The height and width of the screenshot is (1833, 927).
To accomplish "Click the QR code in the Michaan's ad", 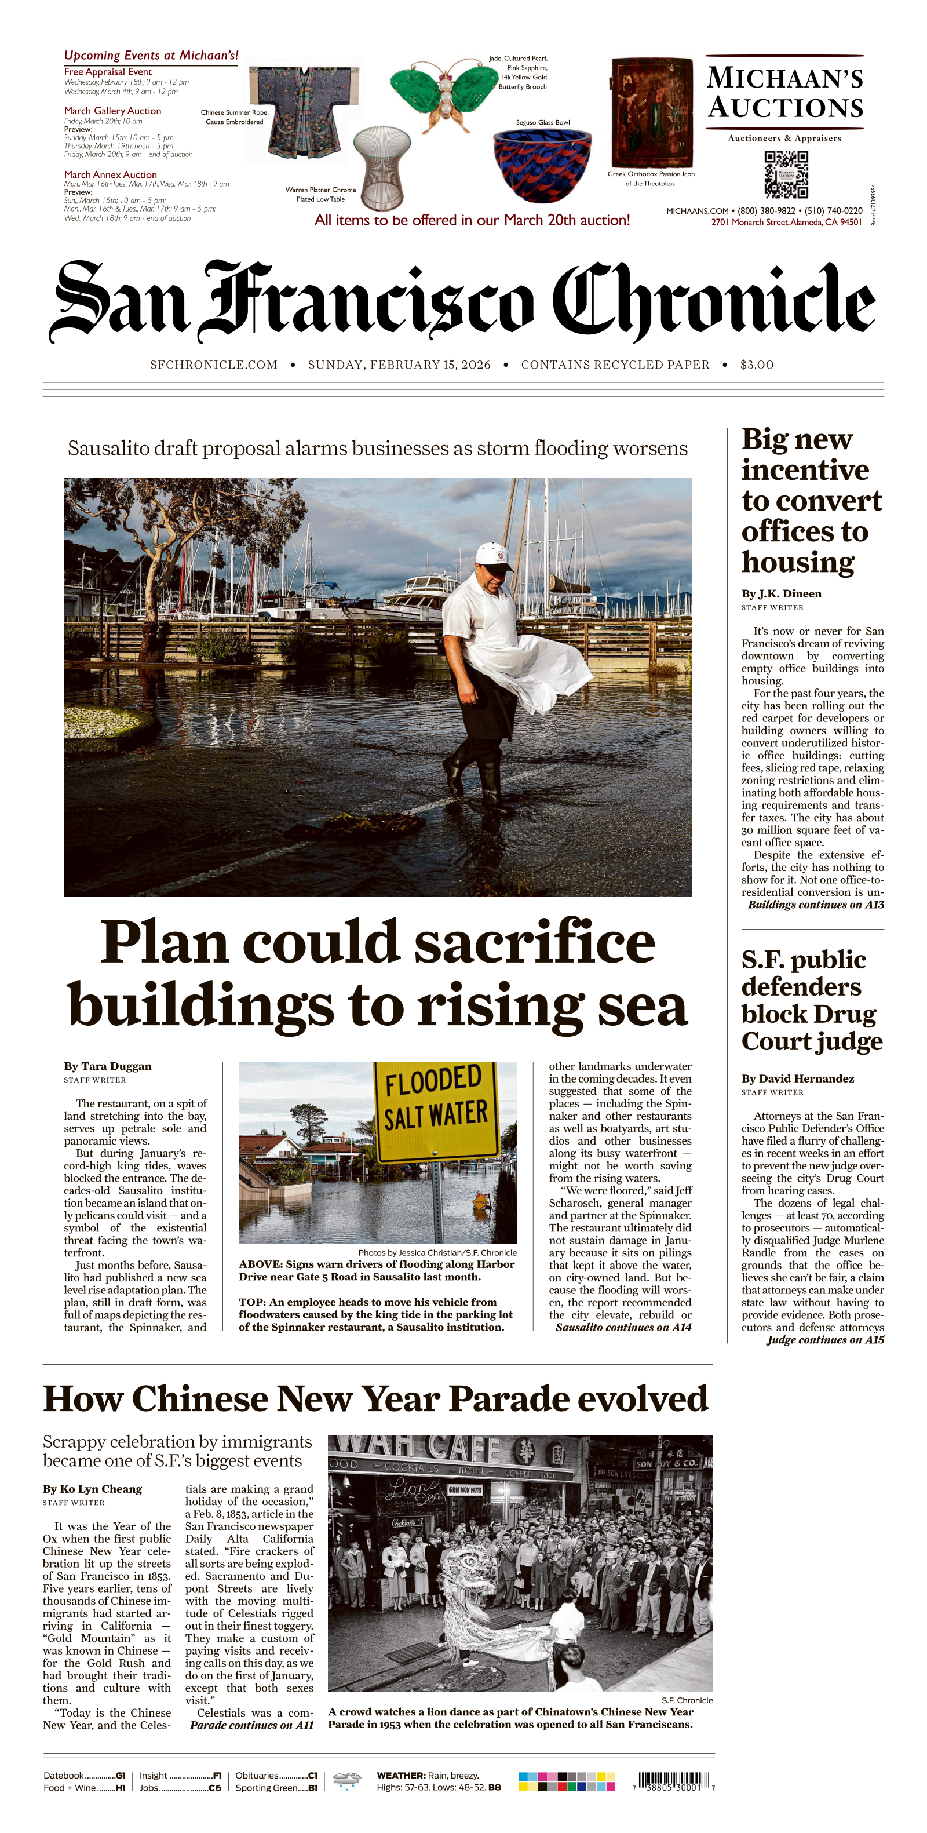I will [786, 174].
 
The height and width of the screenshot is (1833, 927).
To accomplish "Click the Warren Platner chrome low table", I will [383, 167].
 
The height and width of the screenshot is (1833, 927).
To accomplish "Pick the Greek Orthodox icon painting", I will [651, 112].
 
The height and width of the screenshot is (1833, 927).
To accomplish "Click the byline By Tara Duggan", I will [107, 1066].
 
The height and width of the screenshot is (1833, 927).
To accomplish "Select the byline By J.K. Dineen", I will [781, 593].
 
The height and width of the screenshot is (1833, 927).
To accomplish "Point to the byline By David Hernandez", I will [798, 1078].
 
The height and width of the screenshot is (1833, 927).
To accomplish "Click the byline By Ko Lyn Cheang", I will [93, 1489].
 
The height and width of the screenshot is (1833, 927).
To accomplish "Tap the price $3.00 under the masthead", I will [756, 365].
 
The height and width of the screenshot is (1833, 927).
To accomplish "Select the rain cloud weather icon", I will [346, 1781].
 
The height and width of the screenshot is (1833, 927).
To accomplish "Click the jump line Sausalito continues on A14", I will [623, 1327].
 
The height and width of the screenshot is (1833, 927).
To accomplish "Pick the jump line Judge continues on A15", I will [825, 1339].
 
